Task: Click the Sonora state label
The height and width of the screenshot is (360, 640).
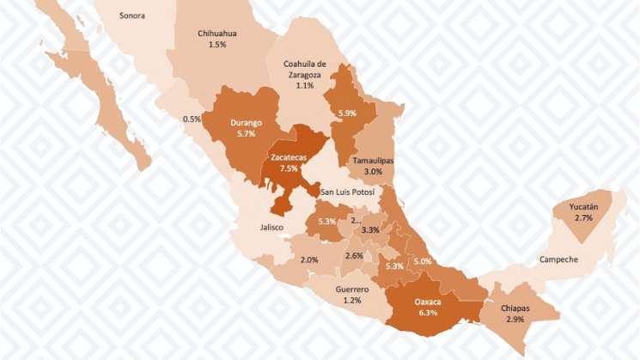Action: (x=132, y=15)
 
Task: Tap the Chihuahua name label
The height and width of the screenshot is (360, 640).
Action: (x=217, y=34)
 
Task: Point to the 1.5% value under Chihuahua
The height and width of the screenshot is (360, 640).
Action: (x=217, y=45)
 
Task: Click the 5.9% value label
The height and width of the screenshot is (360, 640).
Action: (x=347, y=113)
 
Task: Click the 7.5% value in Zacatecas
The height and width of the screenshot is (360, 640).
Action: (x=287, y=168)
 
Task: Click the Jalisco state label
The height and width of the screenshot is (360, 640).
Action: (x=271, y=227)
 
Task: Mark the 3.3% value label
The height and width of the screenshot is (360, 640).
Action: (x=371, y=230)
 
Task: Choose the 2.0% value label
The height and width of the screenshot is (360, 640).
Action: (x=309, y=259)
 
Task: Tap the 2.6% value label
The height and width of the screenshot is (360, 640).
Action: (x=354, y=256)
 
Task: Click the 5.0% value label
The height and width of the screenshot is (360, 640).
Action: (x=422, y=261)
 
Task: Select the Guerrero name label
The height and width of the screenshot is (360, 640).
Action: (x=351, y=290)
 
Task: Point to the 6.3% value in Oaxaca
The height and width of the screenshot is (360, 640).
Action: (x=428, y=313)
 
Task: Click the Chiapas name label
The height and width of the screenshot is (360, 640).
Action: (x=515, y=308)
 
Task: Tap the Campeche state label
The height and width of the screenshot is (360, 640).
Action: (x=558, y=259)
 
